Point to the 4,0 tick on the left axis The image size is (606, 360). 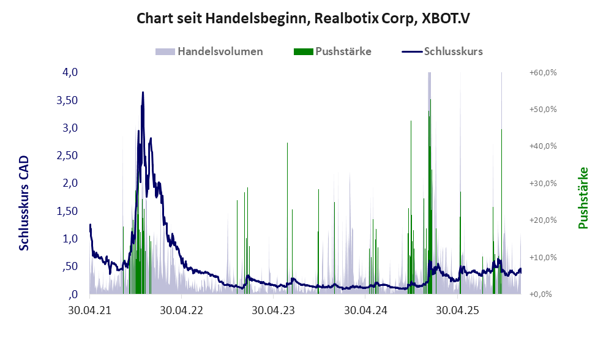(70, 72)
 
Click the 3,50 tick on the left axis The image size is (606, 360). (68, 100)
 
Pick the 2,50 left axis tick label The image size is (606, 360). (68, 156)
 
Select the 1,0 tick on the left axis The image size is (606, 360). (70, 239)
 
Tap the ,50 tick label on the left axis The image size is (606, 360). (70, 266)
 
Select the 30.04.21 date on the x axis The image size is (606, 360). (89, 310)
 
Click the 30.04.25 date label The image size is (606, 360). (458, 310)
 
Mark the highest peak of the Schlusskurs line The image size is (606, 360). (143, 92)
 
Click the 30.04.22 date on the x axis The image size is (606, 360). (181, 310)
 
